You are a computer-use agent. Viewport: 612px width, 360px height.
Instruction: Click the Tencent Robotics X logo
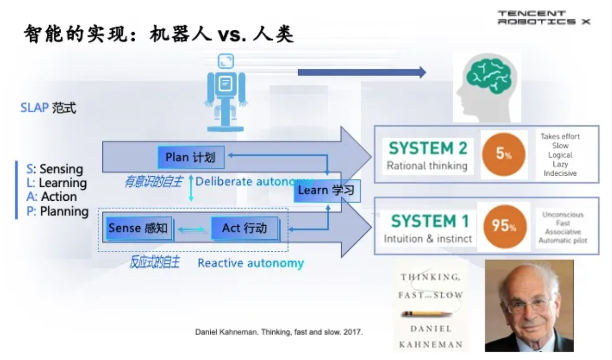[543, 17]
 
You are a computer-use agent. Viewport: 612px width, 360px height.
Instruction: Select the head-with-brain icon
[486, 87]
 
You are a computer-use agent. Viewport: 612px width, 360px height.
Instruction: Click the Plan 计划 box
[190, 157]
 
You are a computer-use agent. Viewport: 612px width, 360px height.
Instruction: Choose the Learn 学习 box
[326, 191]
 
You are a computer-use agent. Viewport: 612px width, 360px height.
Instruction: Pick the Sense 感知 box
[138, 228]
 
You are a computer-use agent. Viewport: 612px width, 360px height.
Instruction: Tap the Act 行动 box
[244, 228]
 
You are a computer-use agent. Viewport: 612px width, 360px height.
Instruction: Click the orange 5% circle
[503, 154]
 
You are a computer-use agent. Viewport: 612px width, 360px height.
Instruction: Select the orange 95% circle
[503, 225]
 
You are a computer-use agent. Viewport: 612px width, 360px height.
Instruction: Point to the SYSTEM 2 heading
[428, 148]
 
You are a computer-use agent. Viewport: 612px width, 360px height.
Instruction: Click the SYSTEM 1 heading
[430, 221]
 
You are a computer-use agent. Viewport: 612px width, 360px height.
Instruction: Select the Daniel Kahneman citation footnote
[279, 332]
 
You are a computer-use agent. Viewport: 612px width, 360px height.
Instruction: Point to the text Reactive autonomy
[251, 263]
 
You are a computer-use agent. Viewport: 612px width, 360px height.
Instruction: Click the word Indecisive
[560, 173]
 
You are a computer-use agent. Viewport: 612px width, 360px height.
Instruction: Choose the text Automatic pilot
[562, 240]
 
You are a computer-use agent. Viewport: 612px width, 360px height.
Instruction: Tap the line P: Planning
[58, 211]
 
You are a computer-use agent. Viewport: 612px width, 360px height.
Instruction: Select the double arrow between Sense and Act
[191, 230]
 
